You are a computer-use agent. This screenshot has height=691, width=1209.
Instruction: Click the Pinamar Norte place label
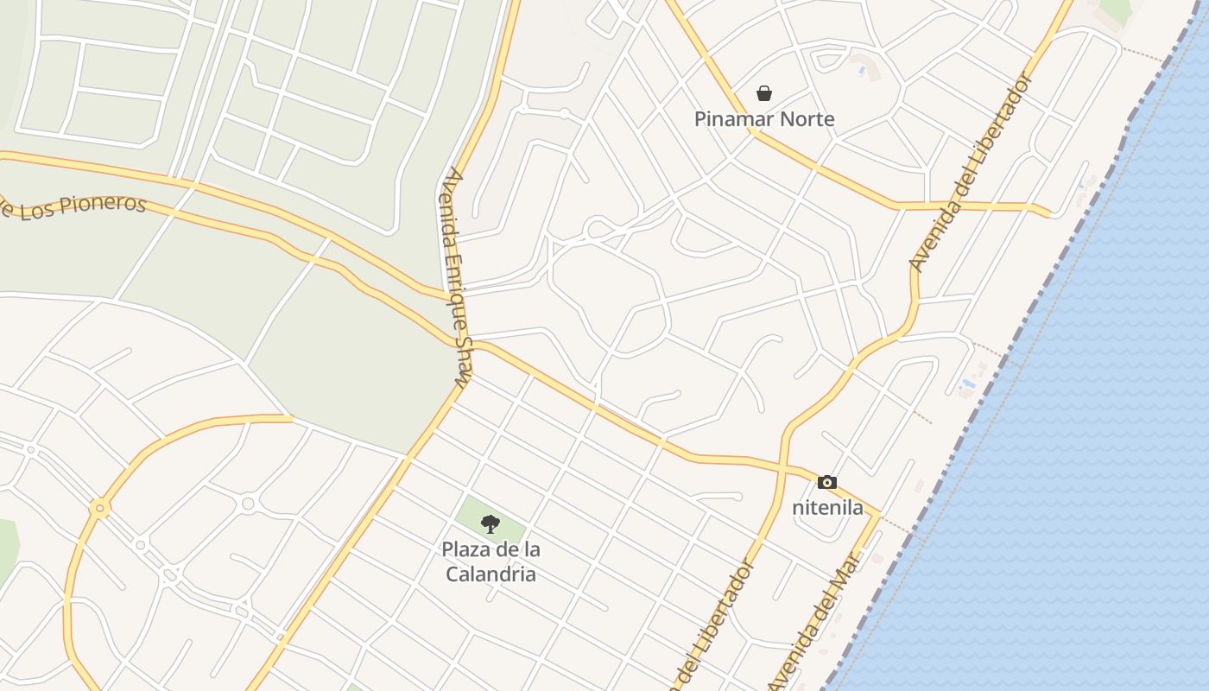(x=764, y=119)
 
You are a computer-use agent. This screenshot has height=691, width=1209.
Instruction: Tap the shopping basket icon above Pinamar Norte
(x=764, y=93)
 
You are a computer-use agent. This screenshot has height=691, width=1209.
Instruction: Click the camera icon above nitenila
(x=827, y=483)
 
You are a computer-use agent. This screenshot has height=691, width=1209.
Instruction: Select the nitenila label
(x=827, y=508)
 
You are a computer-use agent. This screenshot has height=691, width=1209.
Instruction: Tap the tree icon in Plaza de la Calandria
(x=491, y=523)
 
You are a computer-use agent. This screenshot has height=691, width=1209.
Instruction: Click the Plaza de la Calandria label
(x=491, y=561)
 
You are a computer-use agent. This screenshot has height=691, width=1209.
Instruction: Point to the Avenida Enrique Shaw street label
(x=457, y=276)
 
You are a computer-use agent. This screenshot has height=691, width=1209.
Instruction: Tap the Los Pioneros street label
(x=73, y=205)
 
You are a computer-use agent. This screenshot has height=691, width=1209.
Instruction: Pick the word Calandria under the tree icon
(x=491, y=574)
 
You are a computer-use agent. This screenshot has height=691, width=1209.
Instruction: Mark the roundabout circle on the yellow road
(x=100, y=509)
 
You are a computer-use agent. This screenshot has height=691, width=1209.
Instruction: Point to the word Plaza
(x=467, y=549)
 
